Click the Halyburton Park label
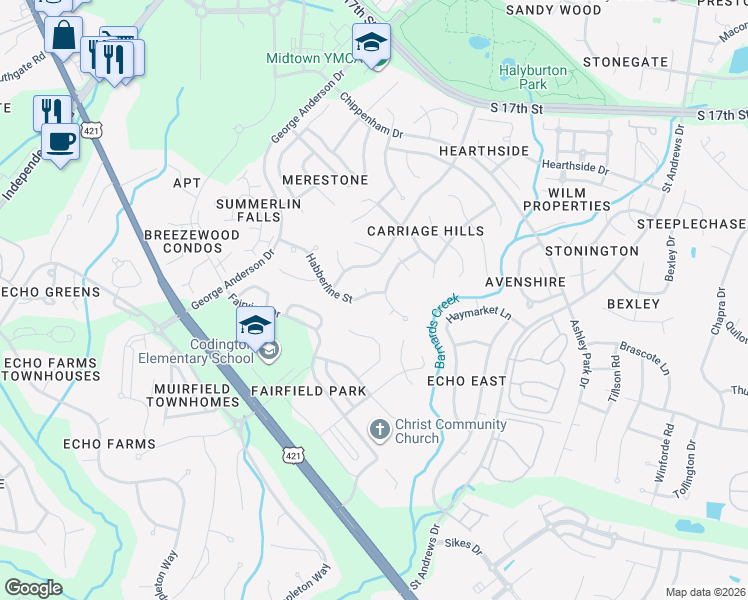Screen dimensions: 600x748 click(x=533, y=78)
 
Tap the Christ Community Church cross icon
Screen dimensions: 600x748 click(x=379, y=430)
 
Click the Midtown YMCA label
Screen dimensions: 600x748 click(x=304, y=59)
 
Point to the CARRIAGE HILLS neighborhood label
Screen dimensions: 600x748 click(x=425, y=231)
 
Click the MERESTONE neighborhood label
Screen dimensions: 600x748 click(x=325, y=180)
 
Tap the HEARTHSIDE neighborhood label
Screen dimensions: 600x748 click(x=483, y=150)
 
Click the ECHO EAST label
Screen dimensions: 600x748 click(x=467, y=381)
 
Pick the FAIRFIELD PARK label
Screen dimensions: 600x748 click(x=308, y=390)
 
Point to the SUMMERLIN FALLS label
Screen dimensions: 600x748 click(x=259, y=210)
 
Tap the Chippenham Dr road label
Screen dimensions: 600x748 click(x=370, y=117)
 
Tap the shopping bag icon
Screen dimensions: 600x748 click(x=64, y=36)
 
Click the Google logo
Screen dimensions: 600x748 click(x=34, y=588)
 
